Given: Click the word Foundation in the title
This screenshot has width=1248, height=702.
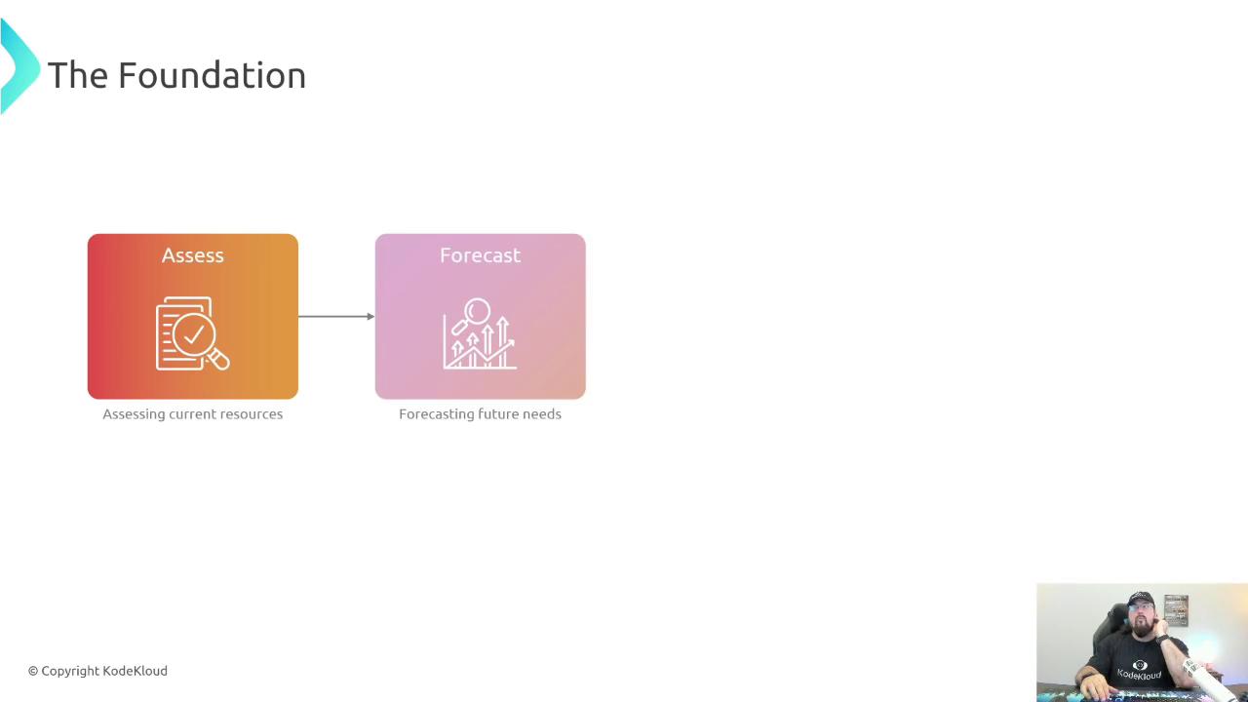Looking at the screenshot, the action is [x=213, y=75].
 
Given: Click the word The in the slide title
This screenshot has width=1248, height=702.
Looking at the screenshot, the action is [x=78, y=75].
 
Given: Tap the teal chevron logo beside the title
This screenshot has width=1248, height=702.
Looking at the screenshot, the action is [x=19, y=65].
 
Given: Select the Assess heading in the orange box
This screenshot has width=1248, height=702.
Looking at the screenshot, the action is [x=193, y=255].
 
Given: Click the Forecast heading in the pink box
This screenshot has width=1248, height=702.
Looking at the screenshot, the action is [x=481, y=255].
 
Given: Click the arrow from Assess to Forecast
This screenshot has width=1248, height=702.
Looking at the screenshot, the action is [x=336, y=317].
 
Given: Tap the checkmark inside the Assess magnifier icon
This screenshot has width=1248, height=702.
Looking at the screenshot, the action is [x=193, y=334].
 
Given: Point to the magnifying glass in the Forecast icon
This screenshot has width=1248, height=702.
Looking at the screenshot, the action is [x=472, y=315].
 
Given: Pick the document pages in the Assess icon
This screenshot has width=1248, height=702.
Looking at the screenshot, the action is [x=178, y=333].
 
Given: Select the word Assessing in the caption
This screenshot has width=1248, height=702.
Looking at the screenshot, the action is [x=134, y=415].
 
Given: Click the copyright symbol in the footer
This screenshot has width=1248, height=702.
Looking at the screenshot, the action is [x=33, y=672].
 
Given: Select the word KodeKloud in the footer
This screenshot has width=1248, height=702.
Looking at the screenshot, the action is [x=135, y=671].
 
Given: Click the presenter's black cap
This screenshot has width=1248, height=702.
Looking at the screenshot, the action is [x=1140, y=600].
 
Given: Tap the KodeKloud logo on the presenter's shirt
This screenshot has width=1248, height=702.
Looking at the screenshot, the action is [x=1140, y=671].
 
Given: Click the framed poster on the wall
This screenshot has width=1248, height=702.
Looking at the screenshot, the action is [x=1176, y=610].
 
